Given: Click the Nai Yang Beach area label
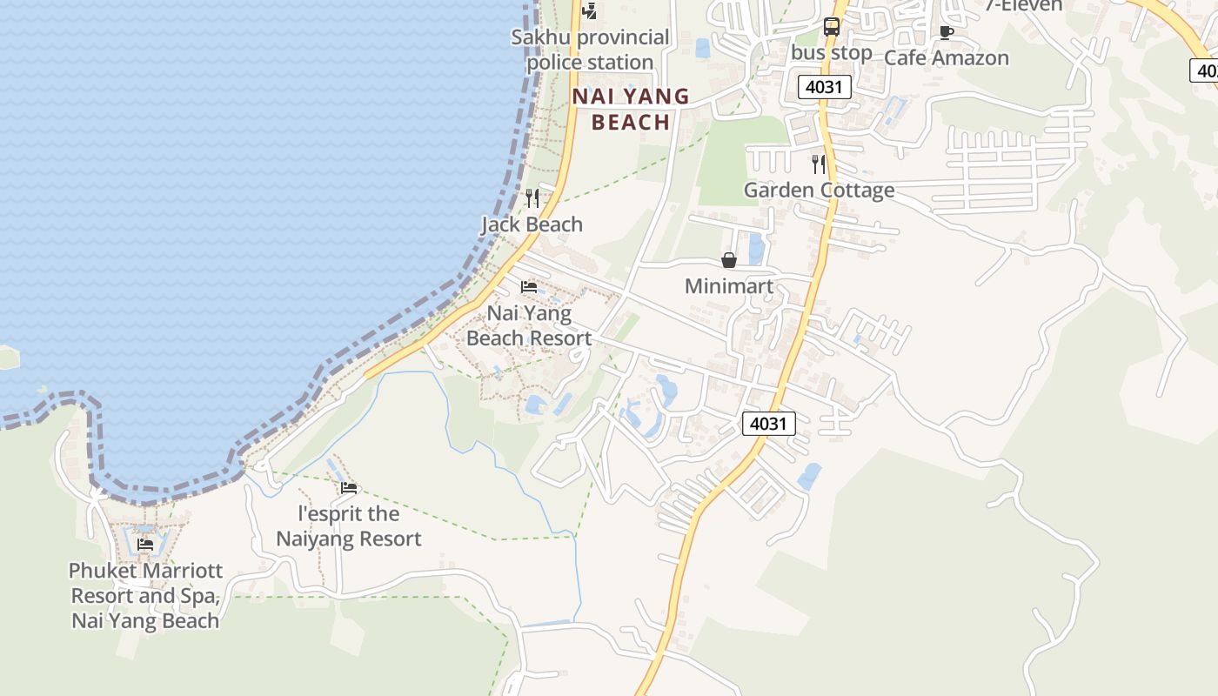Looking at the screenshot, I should (x=631, y=109).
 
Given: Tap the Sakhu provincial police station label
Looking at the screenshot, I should (x=591, y=50).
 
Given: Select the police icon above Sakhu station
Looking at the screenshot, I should (x=590, y=11).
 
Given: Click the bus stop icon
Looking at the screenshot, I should (x=832, y=27).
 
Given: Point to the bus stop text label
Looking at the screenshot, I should (x=832, y=53).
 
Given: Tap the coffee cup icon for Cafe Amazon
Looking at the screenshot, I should (x=947, y=33).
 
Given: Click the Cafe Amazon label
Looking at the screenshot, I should (x=947, y=58).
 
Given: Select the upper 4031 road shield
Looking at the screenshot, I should (x=824, y=87).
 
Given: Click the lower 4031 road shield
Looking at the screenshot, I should (x=769, y=425).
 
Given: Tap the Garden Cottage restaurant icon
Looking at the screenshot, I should (x=819, y=164).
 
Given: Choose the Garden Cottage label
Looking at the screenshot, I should (x=819, y=191).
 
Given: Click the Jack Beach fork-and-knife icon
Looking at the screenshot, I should (x=532, y=198).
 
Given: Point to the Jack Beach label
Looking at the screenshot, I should (x=532, y=224).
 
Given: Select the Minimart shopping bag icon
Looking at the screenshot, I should (x=729, y=260).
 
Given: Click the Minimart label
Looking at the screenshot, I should (x=729, y=286).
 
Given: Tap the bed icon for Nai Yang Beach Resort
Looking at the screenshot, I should (x=529, y=287).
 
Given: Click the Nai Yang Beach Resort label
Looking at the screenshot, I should (x=529, y=325).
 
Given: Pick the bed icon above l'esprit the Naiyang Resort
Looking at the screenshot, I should (x=349, y=488).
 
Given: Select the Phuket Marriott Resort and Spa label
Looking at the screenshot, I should (x=145, y=596).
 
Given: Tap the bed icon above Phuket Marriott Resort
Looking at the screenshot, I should (x=145, y=545).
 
